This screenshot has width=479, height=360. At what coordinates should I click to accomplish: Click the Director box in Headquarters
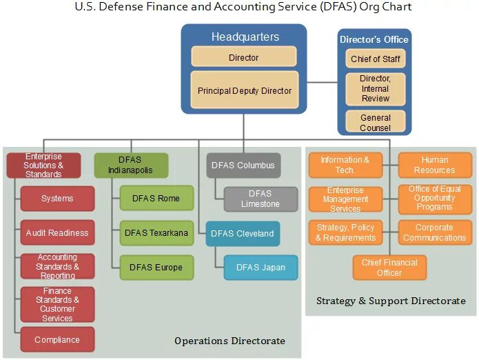[x=243, y=57]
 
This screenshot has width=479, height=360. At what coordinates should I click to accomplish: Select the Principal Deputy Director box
[x=244, y=90]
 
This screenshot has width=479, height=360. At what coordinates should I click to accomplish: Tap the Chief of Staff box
[x=375, y=59]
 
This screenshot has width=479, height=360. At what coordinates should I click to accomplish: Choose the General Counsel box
[x=375, y=123]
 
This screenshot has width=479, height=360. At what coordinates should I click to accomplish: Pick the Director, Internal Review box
[x=375, y=89]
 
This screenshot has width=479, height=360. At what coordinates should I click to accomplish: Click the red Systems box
[x=57, y=199]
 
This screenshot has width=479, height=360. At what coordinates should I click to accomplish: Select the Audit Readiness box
[x=57, y=233]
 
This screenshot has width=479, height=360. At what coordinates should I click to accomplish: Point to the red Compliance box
[x=57, y=339]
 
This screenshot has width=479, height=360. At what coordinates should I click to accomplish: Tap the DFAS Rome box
[x=156, y=199]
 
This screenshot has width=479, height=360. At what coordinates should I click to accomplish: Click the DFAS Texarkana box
[x=156, y=233]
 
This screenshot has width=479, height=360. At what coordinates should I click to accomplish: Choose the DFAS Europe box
[x=156, y=267]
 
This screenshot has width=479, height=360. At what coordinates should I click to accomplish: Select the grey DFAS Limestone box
[x=260, y=199]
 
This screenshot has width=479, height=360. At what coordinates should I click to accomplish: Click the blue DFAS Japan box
[x=260, y=267]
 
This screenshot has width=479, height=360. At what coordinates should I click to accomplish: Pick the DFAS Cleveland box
[x=243, y=233]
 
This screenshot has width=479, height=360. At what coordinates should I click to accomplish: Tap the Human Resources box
[x=435, y=165]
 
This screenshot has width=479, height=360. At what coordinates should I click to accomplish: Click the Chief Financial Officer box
[x=389, y=268]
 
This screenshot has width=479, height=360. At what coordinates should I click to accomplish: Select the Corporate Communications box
[x=435, y=232]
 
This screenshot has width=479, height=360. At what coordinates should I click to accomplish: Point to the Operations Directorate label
[x=230, y=341]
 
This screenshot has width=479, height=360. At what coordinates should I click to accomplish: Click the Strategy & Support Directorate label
[x=391, y=301]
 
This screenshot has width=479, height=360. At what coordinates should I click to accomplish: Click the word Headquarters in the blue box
[x=245, y=37]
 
